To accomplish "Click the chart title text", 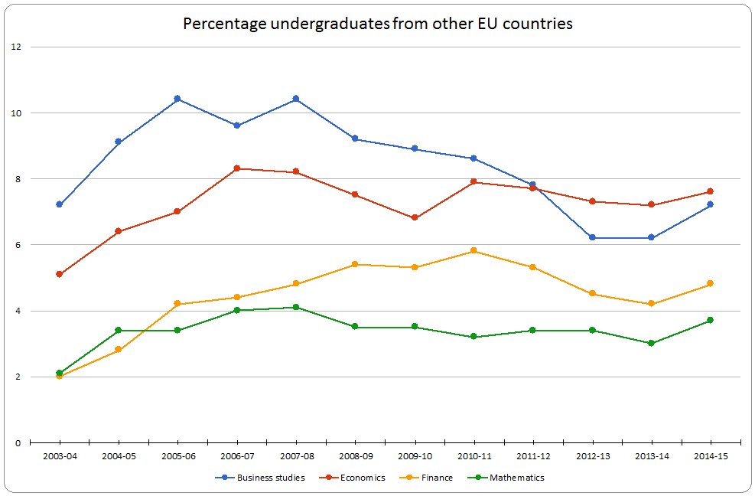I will click(378, 24).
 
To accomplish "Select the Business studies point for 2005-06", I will click(177, 99).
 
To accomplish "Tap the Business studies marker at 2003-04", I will click(59, 204).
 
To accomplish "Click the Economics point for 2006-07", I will click(236, 168).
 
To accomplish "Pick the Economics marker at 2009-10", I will click(415, 217).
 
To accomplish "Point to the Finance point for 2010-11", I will click(474, 251).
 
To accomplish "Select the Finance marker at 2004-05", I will click(118, 350).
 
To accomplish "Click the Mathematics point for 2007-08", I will click(296, 307).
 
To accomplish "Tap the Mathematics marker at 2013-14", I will click(651, 343).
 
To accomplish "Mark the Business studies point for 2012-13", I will click(592, 237).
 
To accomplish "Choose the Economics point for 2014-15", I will click(710, 191).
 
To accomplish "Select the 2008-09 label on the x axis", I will click(355, 456).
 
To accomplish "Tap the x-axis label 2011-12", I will click(533, 456).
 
